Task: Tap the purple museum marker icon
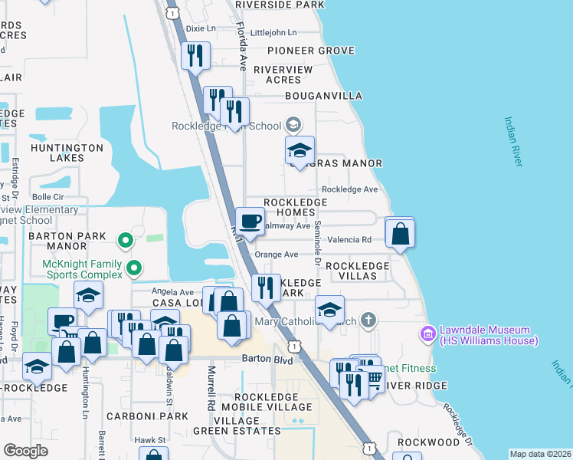tap(427, 334)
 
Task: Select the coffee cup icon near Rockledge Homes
tap(250, 222)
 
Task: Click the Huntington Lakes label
tap(66, 153)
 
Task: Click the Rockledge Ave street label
tap(349, 189)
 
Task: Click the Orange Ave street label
tap(276, 255)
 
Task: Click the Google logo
tap(25, 450)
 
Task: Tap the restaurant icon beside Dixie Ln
tap(195, 55)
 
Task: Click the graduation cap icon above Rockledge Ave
tap(300, 149)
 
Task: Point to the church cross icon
tap(369, 320)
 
